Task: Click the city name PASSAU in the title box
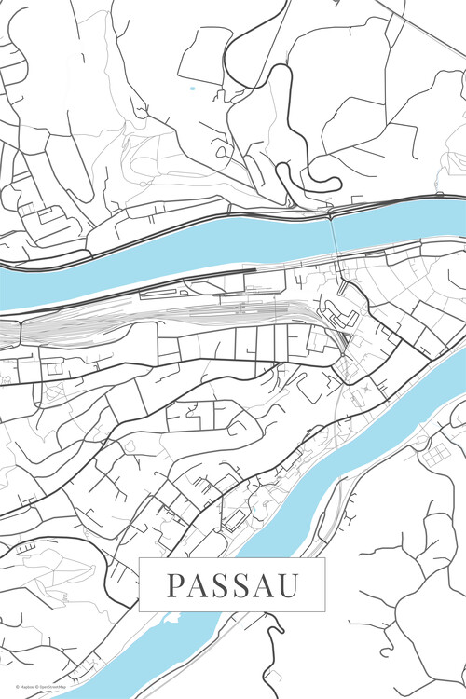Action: point(233,585)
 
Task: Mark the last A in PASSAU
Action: point(264,585)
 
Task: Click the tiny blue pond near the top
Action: point(193,89)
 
